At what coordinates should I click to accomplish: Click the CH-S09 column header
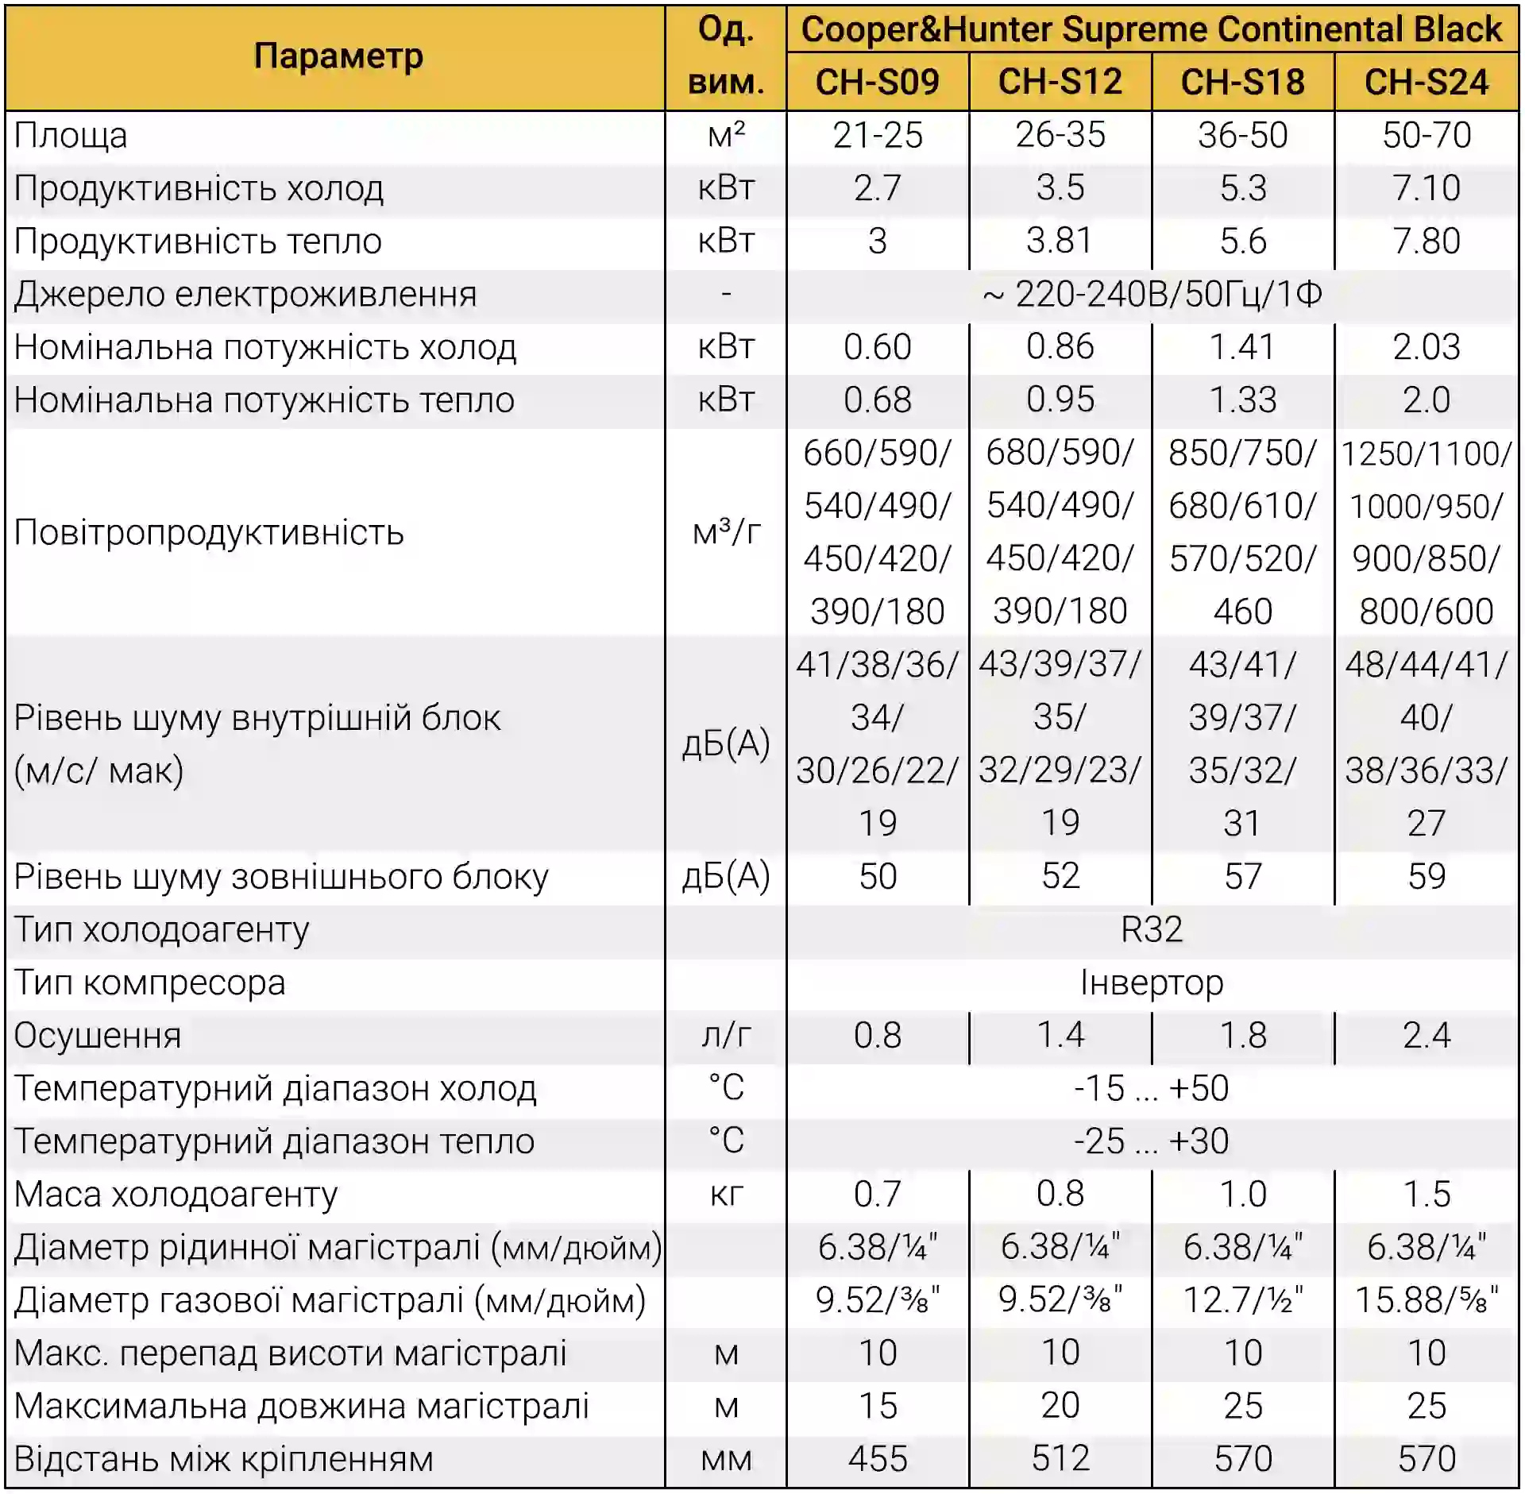coord(877,82)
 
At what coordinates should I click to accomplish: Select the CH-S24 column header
coord(1426,82)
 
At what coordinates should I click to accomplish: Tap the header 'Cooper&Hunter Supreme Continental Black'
coord(1151,30)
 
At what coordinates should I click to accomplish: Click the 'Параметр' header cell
coord(338,56)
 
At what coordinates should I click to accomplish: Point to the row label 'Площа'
coord(71,135)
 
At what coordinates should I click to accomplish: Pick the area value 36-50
coord(1242,135)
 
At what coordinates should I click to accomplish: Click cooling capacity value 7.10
coord(1426,188)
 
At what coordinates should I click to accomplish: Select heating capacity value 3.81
coord(1060,241)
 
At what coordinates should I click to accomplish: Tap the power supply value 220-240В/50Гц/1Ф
coord(1151,294)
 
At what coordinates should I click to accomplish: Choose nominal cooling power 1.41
coord(1242,347)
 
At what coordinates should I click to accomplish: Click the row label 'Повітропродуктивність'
coord(209,532)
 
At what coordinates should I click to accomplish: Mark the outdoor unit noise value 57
coord(1242,876)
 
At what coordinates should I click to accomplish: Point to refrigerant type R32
coord(1151,929)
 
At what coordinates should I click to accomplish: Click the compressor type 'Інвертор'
coord(1151,982)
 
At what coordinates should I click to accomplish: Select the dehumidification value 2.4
coord(1426,1035)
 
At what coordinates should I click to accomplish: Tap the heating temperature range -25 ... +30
coord(1151,1141)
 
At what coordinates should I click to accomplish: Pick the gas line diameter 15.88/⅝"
coord(1426,1300)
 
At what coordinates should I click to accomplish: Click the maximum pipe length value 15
coord(877,1406)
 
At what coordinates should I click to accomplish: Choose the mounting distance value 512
coord(1060,1458)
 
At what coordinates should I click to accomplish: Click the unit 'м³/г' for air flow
coord(726,532)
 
